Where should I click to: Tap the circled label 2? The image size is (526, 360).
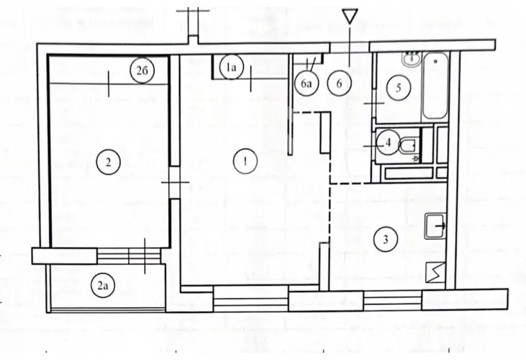coord(106,161)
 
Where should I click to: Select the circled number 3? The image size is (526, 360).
coord(386,239)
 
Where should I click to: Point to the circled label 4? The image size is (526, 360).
coord(388,143)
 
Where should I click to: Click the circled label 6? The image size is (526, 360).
coord(339,83)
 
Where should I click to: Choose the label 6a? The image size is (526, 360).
coord(307,84)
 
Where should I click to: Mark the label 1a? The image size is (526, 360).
coord(231,68)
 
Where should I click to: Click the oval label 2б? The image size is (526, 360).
coord(141,70)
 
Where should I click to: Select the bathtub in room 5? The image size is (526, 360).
coord(435,86)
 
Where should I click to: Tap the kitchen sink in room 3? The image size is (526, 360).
coord(436,226)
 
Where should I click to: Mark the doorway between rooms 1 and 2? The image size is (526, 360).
coord(173,183)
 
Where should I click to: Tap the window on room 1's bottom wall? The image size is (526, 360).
coord(252,298)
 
